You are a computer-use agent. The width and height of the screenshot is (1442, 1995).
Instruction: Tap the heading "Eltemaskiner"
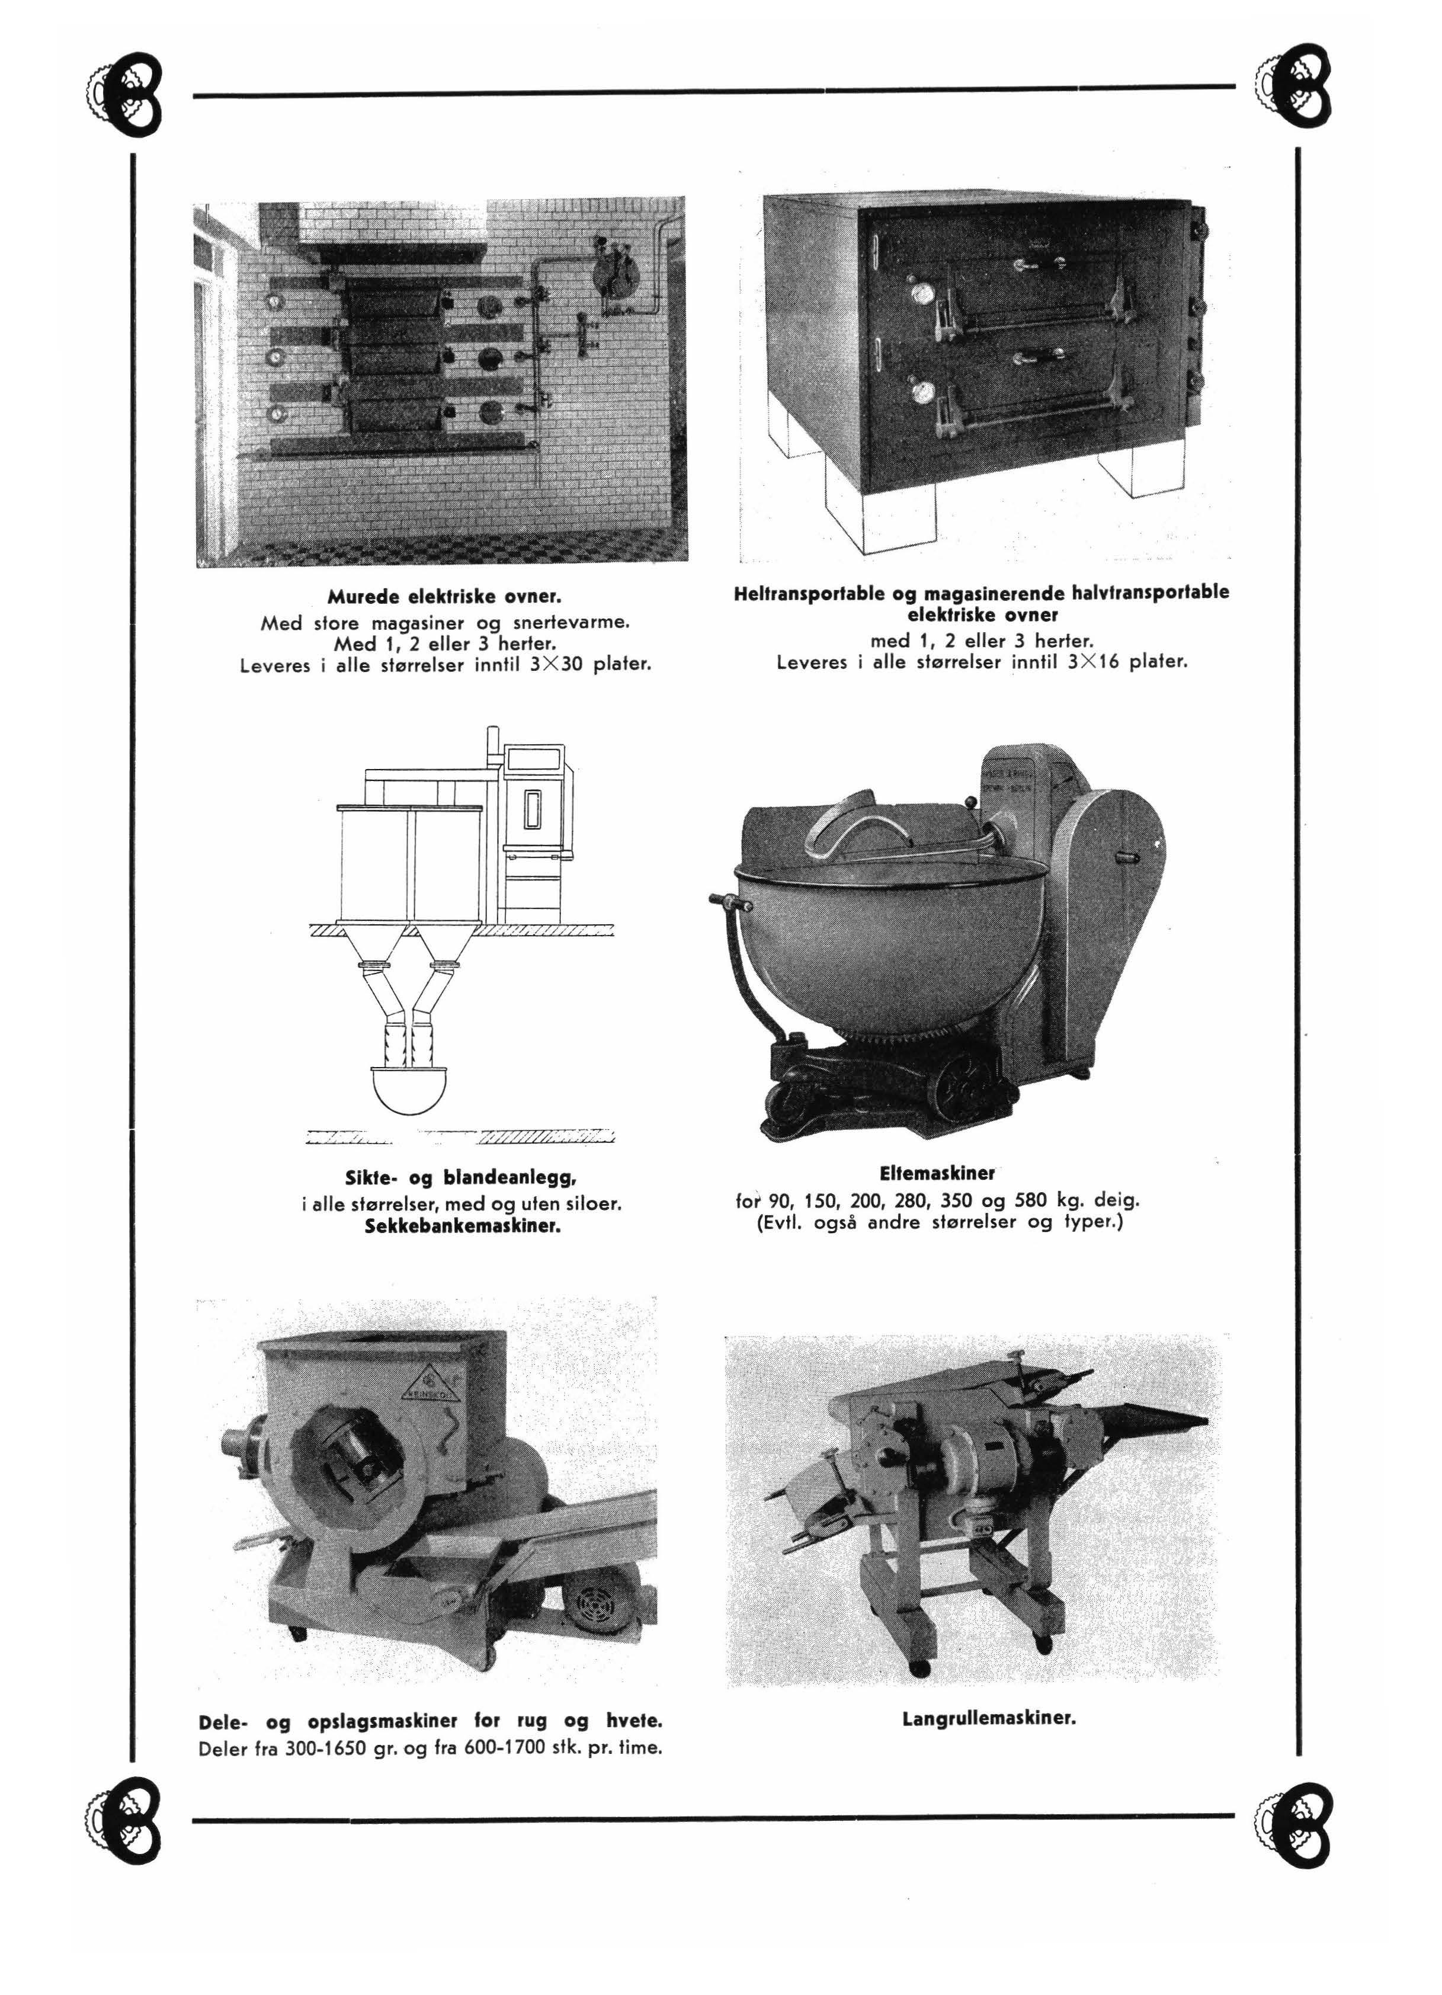point(937,1173)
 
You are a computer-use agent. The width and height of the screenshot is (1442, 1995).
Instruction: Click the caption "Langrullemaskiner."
point(989,1718)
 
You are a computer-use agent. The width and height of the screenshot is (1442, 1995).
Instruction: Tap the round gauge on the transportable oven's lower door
point(921,390)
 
